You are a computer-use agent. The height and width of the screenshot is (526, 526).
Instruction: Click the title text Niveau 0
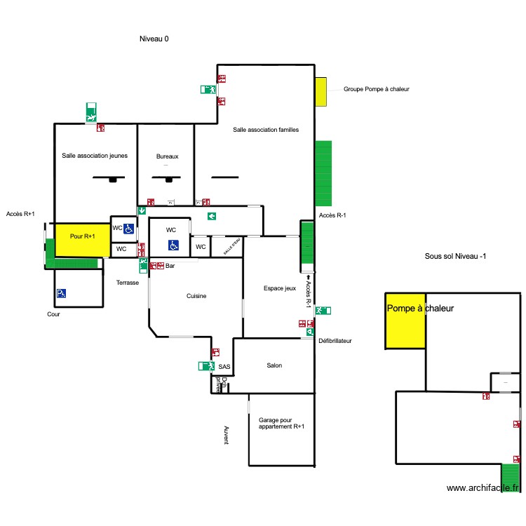[x=154, y=39]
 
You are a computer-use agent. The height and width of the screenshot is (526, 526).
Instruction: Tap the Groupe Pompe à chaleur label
[x=376, y=89]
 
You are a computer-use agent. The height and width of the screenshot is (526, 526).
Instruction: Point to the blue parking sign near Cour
[x=62, y=293]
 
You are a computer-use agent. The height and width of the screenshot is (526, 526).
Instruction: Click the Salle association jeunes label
[x=95, y=156]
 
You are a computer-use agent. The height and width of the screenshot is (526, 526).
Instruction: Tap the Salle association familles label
[x=266, y=130]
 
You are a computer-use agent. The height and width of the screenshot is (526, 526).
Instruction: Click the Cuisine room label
[x=196, y=297]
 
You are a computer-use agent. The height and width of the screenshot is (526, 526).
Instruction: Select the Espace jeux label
[x=280, y=288]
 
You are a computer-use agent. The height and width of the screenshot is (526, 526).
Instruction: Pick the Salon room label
[x=274, y=365]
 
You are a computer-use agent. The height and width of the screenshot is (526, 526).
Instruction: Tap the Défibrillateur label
[x=335, y=342]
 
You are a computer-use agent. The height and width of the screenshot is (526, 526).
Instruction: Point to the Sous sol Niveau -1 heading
[x=456, y=257]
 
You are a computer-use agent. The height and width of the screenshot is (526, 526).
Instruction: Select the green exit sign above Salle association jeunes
[x=91, y=112]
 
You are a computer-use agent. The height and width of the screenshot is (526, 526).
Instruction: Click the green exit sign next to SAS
[x=205, y=366]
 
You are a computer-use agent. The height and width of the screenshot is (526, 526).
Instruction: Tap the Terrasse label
[x=128, y=283]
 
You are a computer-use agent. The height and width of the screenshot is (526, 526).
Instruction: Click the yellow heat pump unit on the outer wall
[x=321, y=92]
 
